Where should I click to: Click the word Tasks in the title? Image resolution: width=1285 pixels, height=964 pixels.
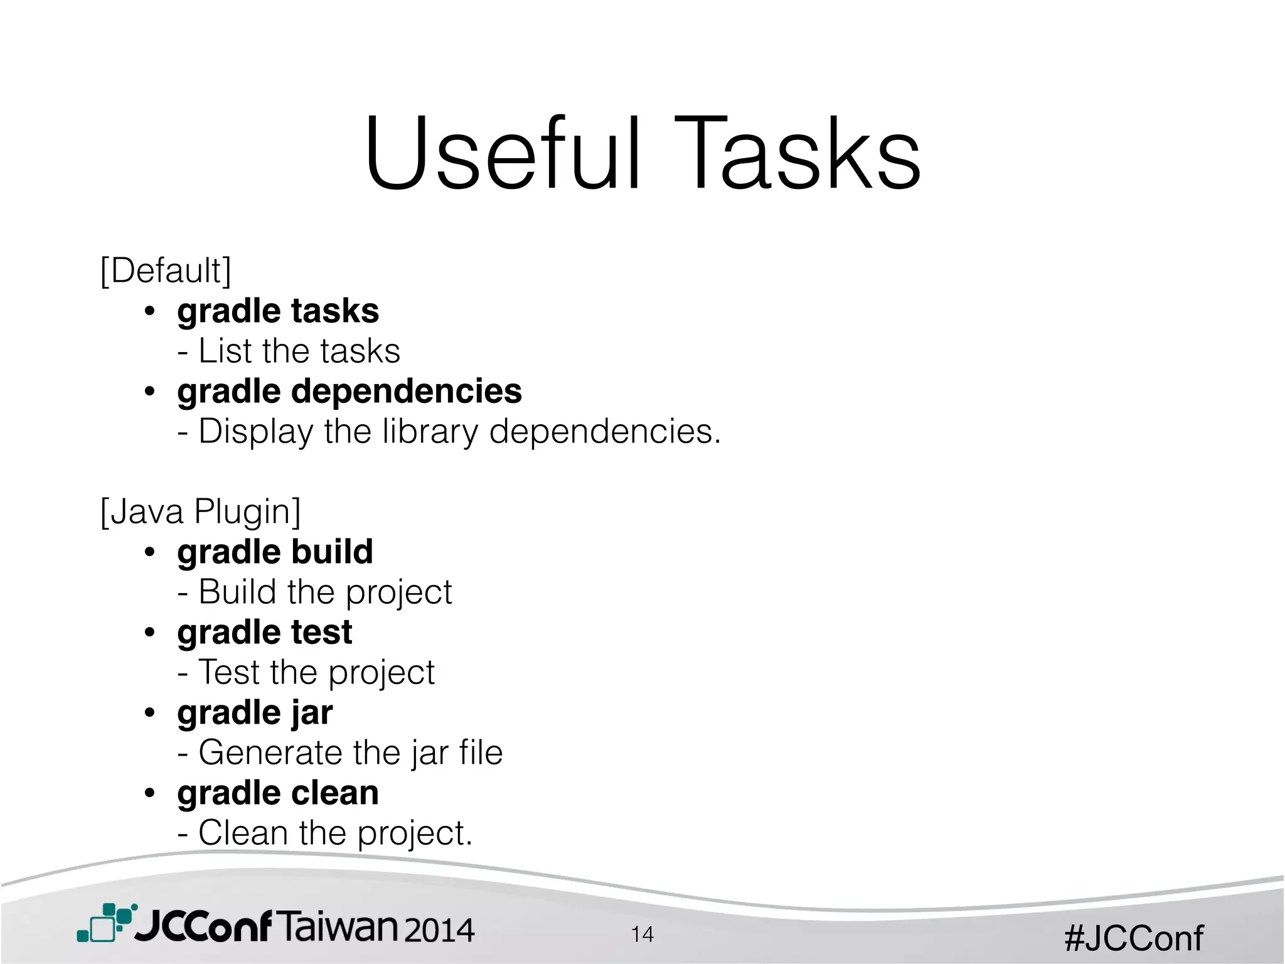tap(797, 154)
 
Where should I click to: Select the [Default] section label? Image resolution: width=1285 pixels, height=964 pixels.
tap(166, 271)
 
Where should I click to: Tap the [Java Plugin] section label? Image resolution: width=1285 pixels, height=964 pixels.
tap(201, 511)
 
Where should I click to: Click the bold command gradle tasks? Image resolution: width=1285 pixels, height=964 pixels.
tap(278, 311)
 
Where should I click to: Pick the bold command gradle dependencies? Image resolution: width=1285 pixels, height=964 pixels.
tap(349, 392)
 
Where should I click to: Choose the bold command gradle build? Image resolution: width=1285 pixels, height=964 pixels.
tap(275, 552)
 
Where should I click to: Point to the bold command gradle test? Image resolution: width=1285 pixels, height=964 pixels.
tap(265, 633)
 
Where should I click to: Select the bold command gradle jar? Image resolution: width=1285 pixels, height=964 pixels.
tap(255, 713)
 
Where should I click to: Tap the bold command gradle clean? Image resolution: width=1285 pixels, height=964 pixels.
tap(278, 793)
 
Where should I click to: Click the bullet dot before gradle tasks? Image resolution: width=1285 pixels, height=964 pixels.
tap(149, 311)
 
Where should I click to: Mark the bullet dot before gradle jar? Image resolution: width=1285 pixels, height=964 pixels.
tap(149, 713)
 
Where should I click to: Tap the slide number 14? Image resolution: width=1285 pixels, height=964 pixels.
tap(642, 935)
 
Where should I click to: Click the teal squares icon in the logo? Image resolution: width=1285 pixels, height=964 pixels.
tap(105, 923)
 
